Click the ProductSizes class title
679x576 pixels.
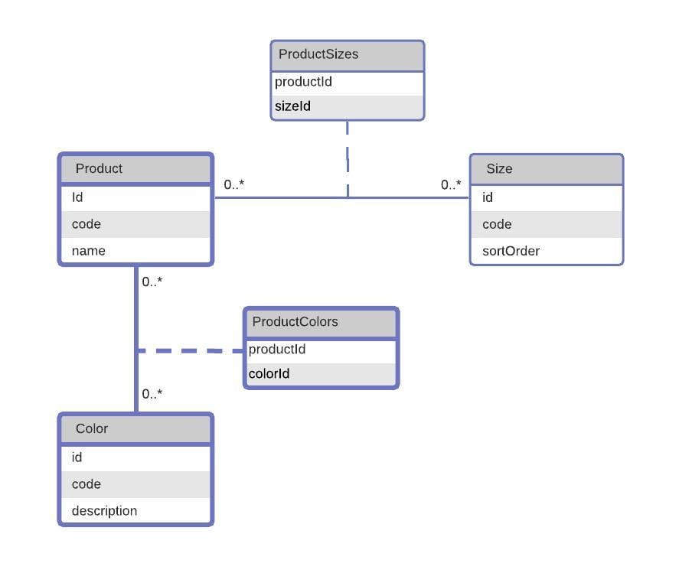click(318, 54)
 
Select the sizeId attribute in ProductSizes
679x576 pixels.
click(292, 106)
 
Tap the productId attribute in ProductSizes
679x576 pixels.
click(303, 82)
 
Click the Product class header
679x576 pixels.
click(99, 168)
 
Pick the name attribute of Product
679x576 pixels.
click(88, 251)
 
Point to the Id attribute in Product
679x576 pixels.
click(77, 197)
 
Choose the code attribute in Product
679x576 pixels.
click(87, 224)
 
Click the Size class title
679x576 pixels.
click(499, 168)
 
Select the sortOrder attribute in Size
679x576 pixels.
click(511, 251)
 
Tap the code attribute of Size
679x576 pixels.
click(497, 224)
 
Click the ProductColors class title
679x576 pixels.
click(295, 321)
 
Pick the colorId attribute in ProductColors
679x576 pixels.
click(269, 373)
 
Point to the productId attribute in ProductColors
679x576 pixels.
click(277, 350)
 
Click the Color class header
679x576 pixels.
click(91, 428)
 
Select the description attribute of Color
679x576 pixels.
click(104, 511)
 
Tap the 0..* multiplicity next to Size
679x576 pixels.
click(451, 185)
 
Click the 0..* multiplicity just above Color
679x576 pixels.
click(152, 394)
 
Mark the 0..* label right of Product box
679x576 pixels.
click(233, 184)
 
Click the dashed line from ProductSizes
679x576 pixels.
click(348, 159)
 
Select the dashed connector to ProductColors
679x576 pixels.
click(190, 351)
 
